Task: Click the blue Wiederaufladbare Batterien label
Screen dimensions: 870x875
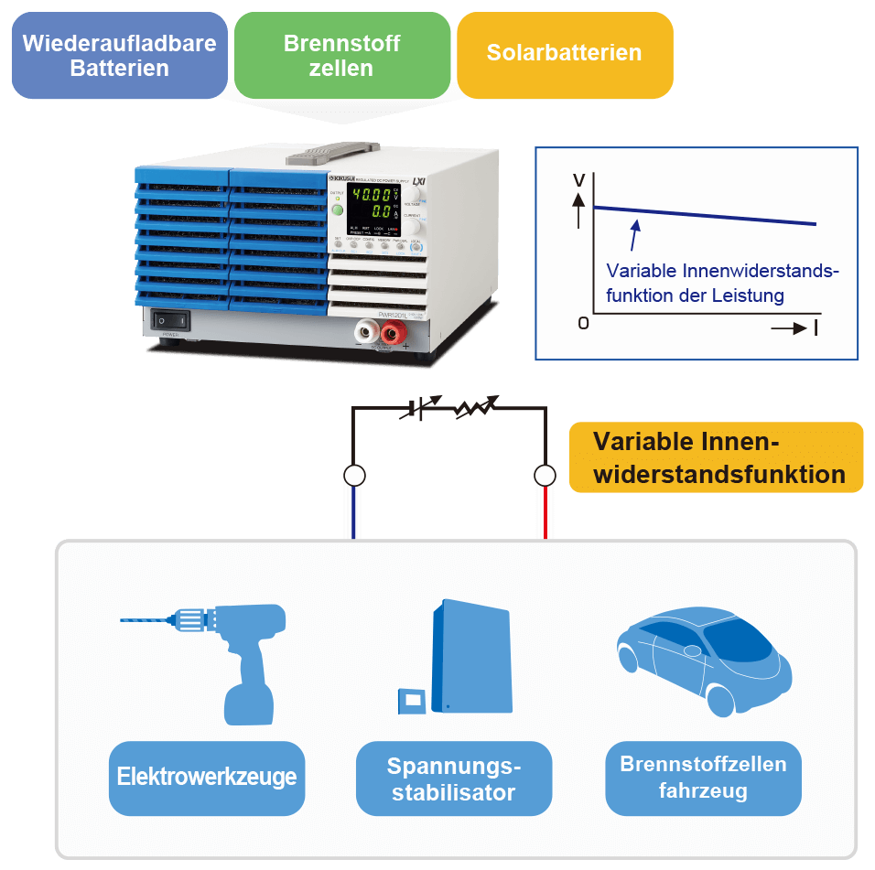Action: [x=119, y=55]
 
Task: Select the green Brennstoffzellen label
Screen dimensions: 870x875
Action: [x=341, y=55]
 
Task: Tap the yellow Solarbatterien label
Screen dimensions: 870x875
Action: [x=564, y=53]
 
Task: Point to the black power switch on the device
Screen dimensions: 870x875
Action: [x=171, y=320]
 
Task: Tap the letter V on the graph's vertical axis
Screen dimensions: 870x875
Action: [x=578, y=180]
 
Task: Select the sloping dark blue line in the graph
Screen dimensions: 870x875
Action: [x=705, y=216]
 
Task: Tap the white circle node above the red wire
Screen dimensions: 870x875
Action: [x=545, y=475]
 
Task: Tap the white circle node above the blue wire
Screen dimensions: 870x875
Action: [x=354, y=475]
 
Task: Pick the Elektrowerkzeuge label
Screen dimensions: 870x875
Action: [x=207, y=778]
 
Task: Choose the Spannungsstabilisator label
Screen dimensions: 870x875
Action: [x=454, y=779]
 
